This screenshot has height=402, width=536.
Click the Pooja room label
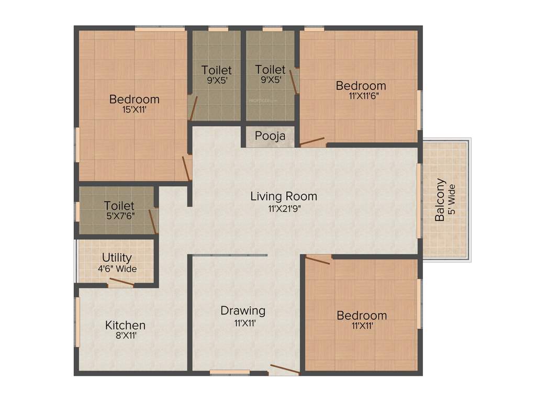click(x=270, y=136)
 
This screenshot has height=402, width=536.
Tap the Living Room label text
click(x=283, y=196)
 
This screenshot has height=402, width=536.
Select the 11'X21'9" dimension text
click(x=283, y=208)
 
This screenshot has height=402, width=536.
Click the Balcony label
click(x=441, y=200)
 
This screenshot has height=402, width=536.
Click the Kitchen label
click(x=125, y=325)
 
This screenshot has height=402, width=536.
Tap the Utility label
click(x=117, y=258)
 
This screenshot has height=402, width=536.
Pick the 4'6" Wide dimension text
click(x=117, y=269)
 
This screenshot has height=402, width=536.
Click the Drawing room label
click(x=242, y=310)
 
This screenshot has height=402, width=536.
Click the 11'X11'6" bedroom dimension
click(x=361, y=96)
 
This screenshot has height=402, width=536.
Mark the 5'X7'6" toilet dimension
click(x=119, y=215)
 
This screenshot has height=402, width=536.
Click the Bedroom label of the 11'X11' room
click(x=362, y=315)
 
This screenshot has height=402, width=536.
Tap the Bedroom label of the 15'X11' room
click(x=134, y=99)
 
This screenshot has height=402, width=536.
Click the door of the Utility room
click(x=121, y=283)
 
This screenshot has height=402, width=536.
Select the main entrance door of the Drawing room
click(x=285, y=370)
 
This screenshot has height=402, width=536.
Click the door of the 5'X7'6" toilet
click(x=153, y=221)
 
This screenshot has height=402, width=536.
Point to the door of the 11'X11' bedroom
click(x=318, y=260)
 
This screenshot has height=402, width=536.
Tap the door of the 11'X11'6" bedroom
click(x=312, y=141)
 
